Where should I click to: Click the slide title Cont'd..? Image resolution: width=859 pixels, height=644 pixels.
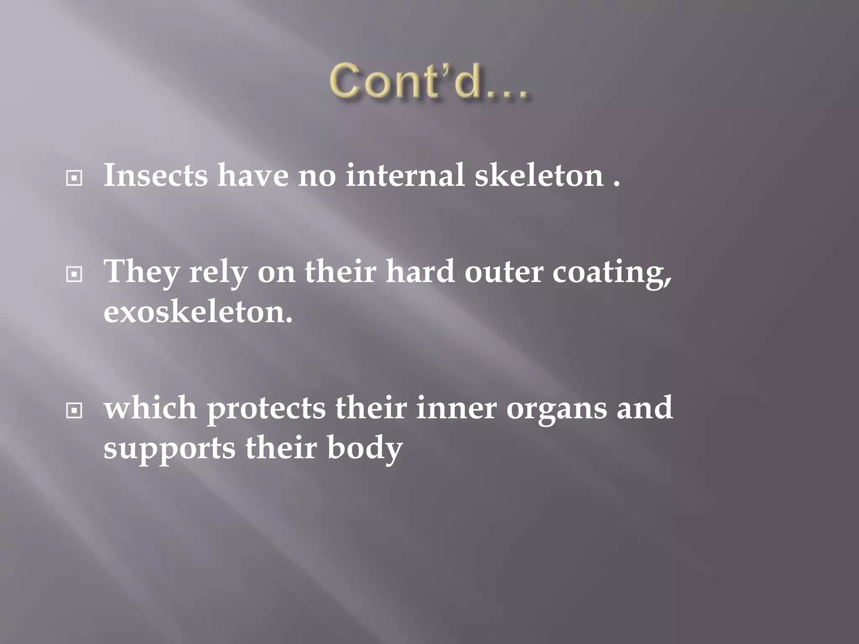(428, 81)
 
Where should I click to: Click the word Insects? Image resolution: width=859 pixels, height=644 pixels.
(156, 175)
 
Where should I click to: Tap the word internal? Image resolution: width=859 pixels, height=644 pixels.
(405, 175)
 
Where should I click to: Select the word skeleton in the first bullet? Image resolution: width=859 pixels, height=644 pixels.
(539, 175)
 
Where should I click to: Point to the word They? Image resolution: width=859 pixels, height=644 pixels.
(142, 272)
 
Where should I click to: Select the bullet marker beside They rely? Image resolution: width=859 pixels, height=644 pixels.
(74, 275)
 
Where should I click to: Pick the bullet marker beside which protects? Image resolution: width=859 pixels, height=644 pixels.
(74, 411)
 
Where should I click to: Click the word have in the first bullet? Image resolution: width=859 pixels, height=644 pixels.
(253, 175)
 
